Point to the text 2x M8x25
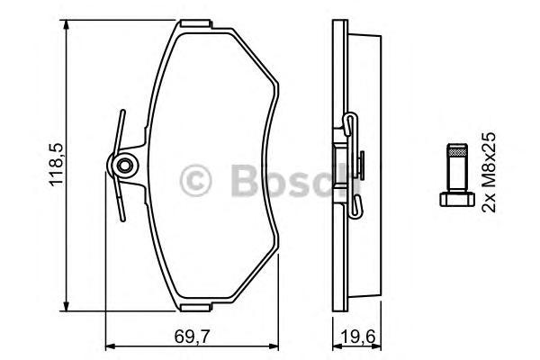coord(490,170)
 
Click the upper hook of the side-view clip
coord(349,121)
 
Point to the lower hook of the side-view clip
coord(353,210)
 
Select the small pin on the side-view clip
coord(360,165)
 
